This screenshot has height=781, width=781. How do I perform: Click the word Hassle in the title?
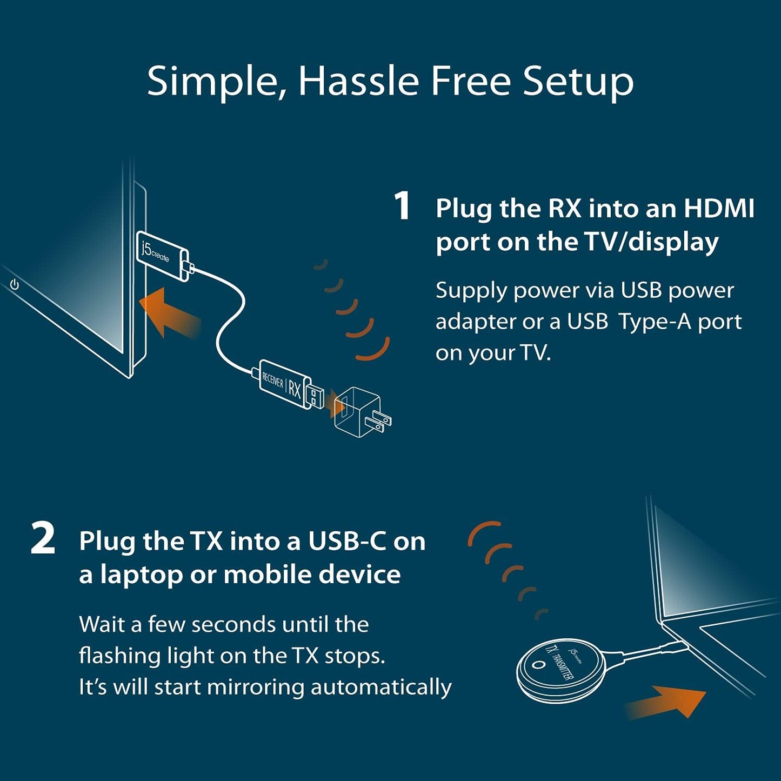[x=358, y=81]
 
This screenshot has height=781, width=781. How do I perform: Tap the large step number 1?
[x=402, y=206]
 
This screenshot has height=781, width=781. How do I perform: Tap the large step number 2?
[x=43, y=539]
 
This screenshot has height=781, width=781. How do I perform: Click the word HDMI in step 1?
[x=719, y=209]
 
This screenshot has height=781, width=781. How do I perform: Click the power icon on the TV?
[x=15, y=284]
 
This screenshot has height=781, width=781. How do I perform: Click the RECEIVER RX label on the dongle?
[x=282, y=383]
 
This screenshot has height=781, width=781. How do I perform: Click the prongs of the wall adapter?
[x=381, y=421]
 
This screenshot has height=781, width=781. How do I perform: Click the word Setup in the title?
[x=578, y=81]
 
